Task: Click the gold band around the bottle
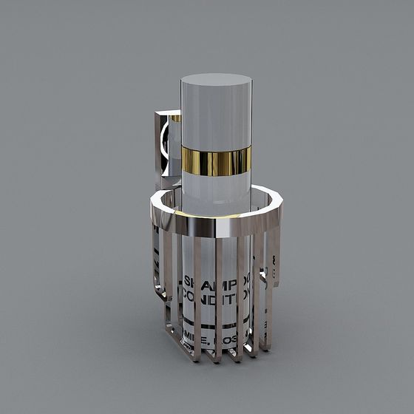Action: pyautogui.click(x=216, y=162)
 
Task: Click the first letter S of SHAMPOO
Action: pyautogui.click(x=187, y=282)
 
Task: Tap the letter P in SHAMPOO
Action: pyautogui.click(x=233, y=285)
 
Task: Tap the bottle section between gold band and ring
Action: pyautogui.click(x=216, y=189)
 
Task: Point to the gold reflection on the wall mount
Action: pyautogui.click(x=176, y=118)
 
